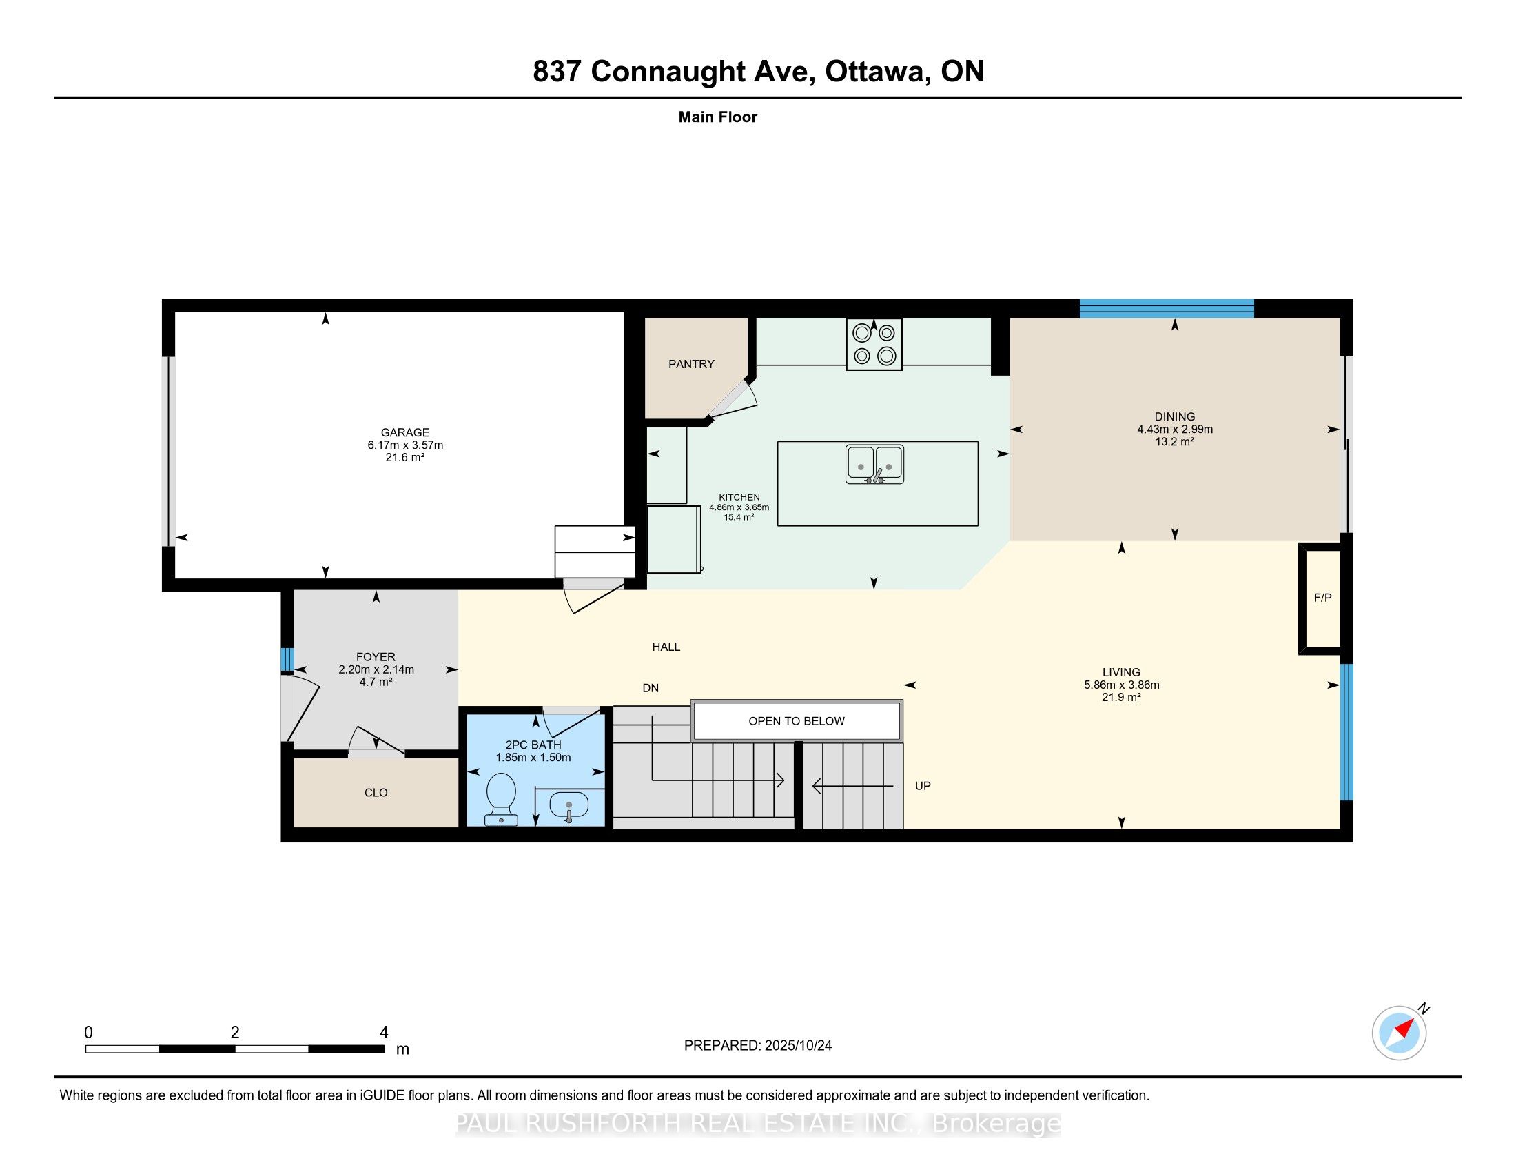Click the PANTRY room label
point(690,364)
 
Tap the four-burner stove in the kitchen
point(874,345)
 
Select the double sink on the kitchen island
point(874,464)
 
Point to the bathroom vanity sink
point(568,805)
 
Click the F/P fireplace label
point(1322,598)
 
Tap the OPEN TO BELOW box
point(796,720)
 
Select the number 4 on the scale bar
point(384,1033)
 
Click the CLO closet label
point(376,792)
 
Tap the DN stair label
point(651,688)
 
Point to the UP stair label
point(923,786)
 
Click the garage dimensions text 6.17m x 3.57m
point(405,445)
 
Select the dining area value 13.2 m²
point(1174,442)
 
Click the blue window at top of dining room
point(1166,307)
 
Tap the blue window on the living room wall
point(1346,732)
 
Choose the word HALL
point(666,647)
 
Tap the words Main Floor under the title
point(717,117)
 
